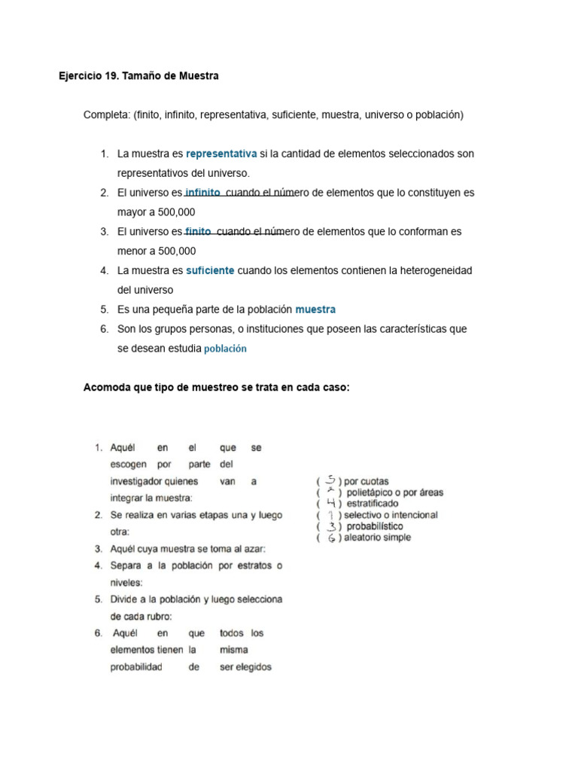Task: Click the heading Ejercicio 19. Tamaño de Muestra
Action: (138, 76)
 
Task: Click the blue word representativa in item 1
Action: (221, 154)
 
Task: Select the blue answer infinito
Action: (202, 193)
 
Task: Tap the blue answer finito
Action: (198, 231)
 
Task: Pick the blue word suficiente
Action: (210, 270)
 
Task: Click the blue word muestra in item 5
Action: (315, 309)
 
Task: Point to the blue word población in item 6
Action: (225, 349)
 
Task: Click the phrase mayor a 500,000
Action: (156, 212)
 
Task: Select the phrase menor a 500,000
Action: (156, 251)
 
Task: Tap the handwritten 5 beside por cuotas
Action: (331, 480)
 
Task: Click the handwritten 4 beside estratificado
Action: (331, 503)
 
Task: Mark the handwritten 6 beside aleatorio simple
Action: (331, 538)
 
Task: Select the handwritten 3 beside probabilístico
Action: (331, 526)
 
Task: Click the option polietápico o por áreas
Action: (395, 492)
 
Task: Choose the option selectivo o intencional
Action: (391, 515)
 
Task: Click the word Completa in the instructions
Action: (106, 115)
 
